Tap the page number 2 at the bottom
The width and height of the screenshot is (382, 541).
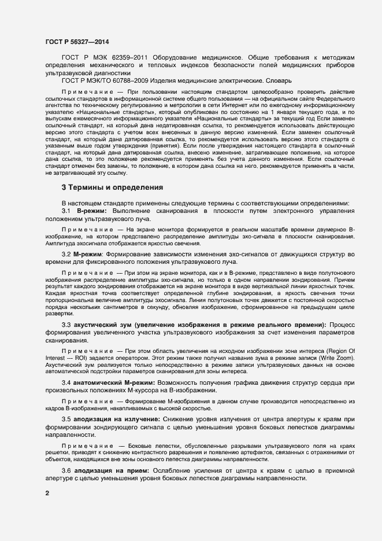[47, 493]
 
